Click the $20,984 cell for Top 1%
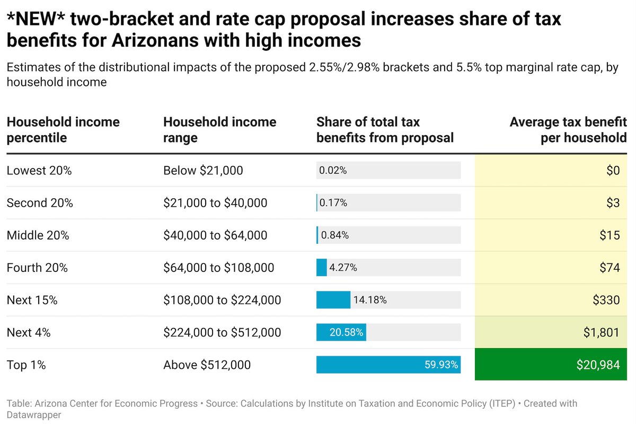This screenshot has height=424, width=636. pos(551,365)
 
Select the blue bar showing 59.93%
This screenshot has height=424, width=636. pos(388,365)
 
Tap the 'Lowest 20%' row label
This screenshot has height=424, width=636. pos(39,171)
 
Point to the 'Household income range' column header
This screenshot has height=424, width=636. pos(219,130)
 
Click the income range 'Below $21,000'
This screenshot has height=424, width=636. pos(203,171)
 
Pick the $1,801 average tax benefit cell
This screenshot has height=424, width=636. pos(551,332)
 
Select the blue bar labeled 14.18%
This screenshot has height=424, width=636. pos(333,300)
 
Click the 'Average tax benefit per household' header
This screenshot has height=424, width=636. pos(568,130)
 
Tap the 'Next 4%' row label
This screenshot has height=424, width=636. pos(29,332)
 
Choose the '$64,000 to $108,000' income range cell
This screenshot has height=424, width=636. pos(218,268)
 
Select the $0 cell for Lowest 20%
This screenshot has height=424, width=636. pos(551,171)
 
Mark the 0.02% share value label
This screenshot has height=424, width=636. pos(333,171)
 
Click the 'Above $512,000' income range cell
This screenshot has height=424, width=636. pos(207,365)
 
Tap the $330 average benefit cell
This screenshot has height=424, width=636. pos(551,300)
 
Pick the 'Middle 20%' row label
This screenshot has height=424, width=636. pos(38,235)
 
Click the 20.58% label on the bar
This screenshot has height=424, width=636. pos(346,332)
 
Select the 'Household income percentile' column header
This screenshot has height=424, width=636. pos(63,130)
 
